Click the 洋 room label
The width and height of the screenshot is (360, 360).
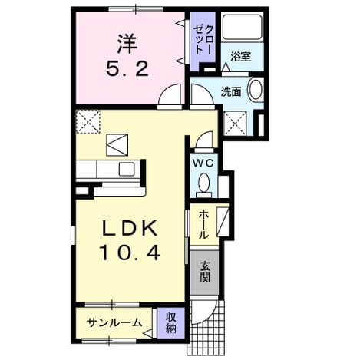[127, 44]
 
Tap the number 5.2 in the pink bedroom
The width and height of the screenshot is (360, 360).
[127, 69]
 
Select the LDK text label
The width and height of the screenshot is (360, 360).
[130, 229]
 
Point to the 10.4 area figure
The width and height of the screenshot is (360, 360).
[130, 252]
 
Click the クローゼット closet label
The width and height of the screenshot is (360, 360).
[203, 39]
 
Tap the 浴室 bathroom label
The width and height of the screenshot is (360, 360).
[240, 57]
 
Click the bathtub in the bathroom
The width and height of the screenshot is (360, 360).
[242, 27]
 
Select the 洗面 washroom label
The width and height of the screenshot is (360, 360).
[231, 91]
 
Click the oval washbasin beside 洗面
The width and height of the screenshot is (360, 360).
[256, 90]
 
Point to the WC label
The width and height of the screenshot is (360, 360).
[203, 163]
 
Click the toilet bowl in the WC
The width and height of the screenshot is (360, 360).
[204, 183]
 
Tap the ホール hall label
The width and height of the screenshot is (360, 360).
[203, 225]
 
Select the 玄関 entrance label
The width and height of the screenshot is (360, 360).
[205, 272]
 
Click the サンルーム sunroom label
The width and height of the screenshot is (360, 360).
[114, 323]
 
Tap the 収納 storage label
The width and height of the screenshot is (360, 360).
[170, 323]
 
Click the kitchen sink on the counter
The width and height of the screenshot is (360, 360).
[127, 169]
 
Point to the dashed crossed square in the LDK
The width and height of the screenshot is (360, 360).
[88, 121]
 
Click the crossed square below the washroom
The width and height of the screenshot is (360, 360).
[235, 124]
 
